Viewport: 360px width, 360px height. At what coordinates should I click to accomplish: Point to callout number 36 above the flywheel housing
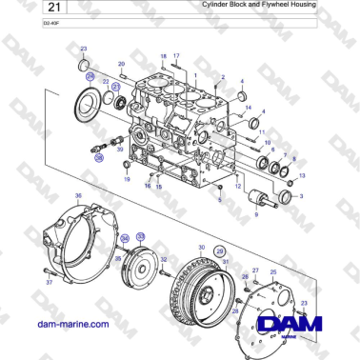point(79,196)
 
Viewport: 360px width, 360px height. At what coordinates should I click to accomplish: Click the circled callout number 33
point(140,235)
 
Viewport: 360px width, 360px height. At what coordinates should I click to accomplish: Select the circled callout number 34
point(124,238)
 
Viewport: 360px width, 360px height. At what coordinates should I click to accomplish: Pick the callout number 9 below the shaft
point(255,216)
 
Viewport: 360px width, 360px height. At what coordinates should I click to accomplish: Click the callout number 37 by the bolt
point(49,283)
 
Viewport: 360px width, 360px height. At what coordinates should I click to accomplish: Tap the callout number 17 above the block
point(176,57)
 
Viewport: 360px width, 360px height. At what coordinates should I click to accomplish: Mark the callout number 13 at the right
point(302,176)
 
